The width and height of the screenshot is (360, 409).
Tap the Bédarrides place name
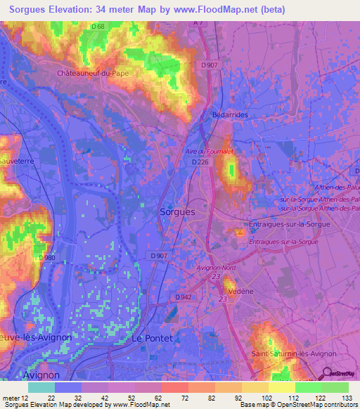point(230,115)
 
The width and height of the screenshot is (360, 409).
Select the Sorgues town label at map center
point(177,211)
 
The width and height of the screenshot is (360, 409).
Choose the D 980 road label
point(49,258)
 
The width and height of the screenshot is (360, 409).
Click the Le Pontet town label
point(152,338)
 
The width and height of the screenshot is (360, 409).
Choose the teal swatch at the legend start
point(41,387)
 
